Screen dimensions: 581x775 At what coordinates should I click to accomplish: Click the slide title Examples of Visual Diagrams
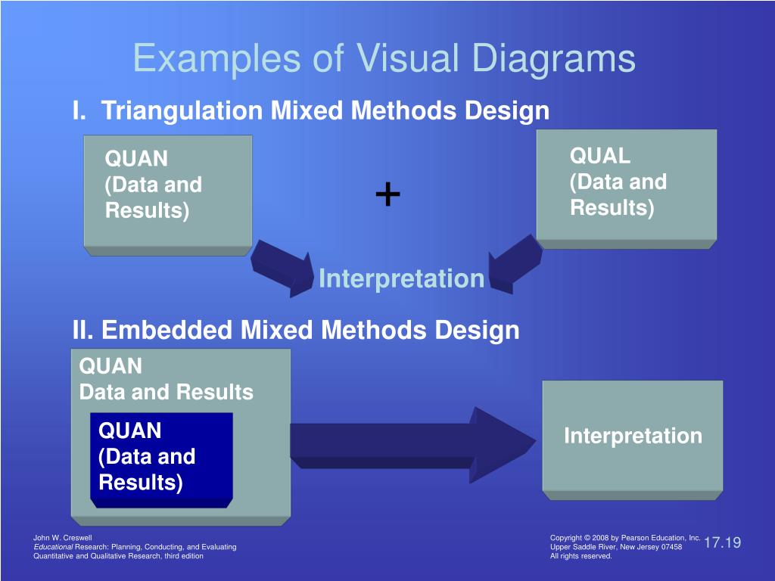pos(384,58)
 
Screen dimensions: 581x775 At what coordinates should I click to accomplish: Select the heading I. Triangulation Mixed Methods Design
pos(310,111)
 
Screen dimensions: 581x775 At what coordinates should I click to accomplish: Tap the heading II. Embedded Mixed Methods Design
pos(296,330)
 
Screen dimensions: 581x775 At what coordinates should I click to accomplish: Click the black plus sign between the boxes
pos(387,195)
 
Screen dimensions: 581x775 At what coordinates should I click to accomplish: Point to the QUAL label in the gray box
pos(600,156)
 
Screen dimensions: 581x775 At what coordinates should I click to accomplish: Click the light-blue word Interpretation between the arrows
pos(401,278)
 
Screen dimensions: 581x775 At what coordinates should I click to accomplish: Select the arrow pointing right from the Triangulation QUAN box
pos(282,268)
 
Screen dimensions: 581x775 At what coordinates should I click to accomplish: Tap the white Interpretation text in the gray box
pos(633,436)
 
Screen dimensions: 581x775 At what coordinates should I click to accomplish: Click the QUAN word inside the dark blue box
pos(130,431)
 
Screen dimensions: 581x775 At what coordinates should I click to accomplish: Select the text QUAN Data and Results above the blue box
pos(166,379)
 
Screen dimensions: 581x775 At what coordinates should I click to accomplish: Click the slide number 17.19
pos(722,542)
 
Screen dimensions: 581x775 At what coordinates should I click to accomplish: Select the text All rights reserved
pos(581,556)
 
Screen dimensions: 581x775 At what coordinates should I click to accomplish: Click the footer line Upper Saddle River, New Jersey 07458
pos(615,547)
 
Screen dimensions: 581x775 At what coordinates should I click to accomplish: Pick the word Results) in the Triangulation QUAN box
pos(147,210)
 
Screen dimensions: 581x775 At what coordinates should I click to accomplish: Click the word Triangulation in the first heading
pos(182,111)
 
